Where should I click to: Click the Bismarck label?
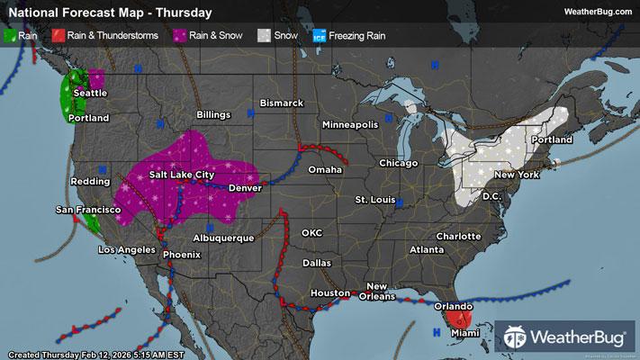pyautogui.click(x=282, y=103)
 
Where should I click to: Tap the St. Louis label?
pyautogui.click(x=374, y=198)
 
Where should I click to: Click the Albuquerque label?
pyautogui.click(x=225, y=238)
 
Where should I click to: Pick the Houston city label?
pyautogui.click(x=329, y=294)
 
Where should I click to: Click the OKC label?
pyautogui.click(x=311, y=233)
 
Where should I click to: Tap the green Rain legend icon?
pyautogui.click(x=10, y=36)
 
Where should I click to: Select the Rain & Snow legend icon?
pyautogui.click(x=180, y=36)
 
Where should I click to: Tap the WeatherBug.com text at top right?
pyautogui.click(x=595, y=11)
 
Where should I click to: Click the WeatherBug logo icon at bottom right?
pyautogui.click(x=518, y=337)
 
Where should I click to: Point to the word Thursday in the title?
pyautogui.click(x=184, y=13)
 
